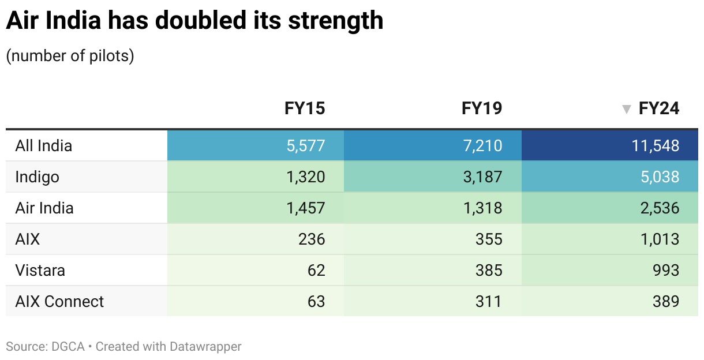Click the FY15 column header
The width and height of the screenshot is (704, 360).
(x=305, y=108)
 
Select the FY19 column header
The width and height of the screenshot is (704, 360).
(x=482, y=108)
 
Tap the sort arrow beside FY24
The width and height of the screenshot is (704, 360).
(x=626, y=109)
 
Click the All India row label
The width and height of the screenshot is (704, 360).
(x=44, y=146)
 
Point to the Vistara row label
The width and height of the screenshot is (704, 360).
(x=40, y=271)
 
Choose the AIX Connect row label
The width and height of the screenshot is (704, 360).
(x=59, y=302)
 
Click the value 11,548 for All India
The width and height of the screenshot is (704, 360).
(x=656, y=146)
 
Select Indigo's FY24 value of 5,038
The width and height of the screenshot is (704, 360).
(x=660, y=177)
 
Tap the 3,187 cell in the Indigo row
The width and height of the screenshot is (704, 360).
(x=483, y=177)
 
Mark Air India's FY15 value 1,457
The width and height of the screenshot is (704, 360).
(x=305, y=208)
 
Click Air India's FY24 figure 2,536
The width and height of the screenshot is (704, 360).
(x=660, y=208)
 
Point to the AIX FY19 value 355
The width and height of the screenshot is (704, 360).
(x=489, y=239)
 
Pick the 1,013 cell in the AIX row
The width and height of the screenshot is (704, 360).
(x=660, y=239)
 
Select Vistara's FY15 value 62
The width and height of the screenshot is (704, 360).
(x=316, y=270)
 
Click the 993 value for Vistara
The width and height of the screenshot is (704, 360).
(x=666, y=270)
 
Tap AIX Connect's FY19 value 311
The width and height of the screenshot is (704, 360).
(x=489, y=301)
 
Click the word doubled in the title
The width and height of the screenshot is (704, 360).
(x=200, y=21)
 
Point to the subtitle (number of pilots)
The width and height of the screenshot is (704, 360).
(x=70, y=56)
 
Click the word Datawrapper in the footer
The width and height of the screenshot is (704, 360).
(x=205, y=347)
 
